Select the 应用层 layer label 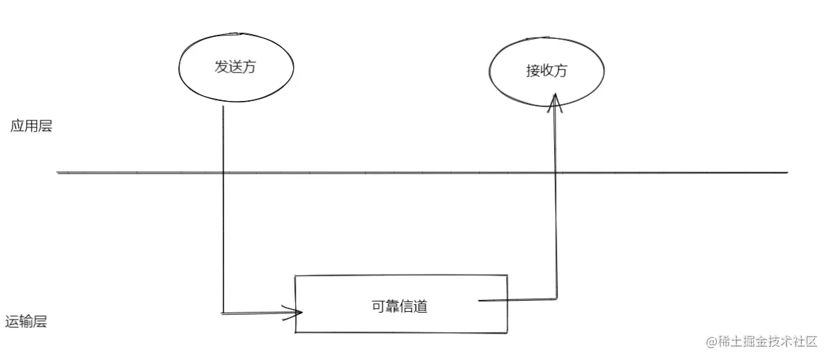pos(31,127)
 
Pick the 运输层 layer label pos(26,322)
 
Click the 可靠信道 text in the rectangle pos(400,306)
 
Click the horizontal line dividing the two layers pos(418,172)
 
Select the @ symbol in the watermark pos(711,341)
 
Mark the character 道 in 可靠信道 pos(420,306)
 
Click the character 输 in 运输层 pos(26,322)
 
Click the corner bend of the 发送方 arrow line pos(223,313)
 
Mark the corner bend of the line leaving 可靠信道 pos(556,298)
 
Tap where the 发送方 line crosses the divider pos(223,172)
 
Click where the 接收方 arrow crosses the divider pos(555,172)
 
